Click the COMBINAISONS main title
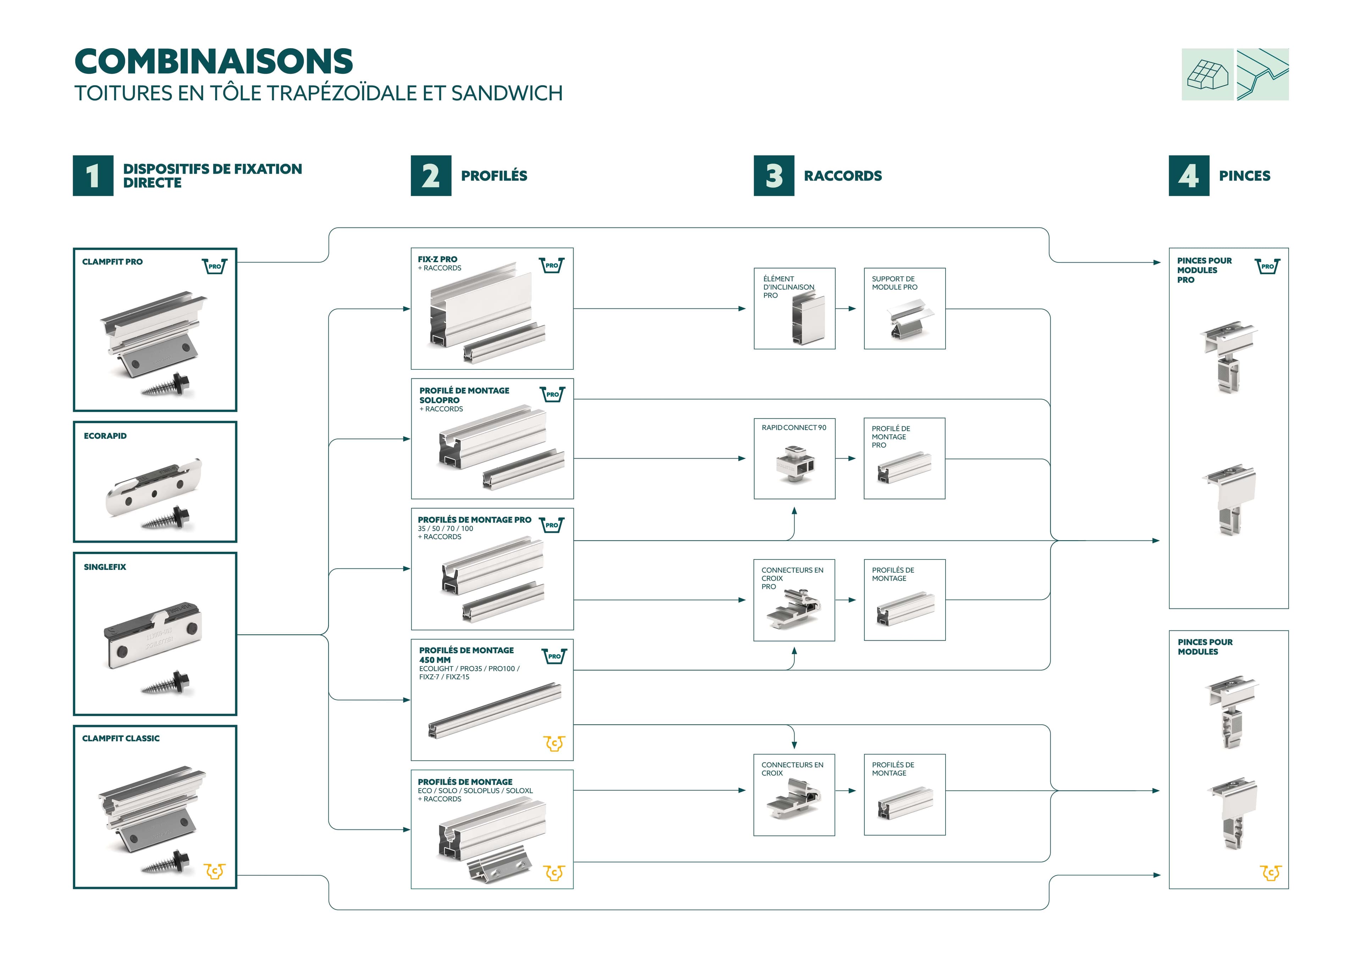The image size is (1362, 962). tap(214, 62)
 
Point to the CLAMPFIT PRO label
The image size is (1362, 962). tap(112, 262)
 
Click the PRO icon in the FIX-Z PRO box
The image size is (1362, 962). tap(551, 265)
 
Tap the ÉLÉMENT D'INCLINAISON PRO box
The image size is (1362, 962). tap(794, 308)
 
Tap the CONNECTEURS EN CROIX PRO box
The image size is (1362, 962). tap(794, 600)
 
